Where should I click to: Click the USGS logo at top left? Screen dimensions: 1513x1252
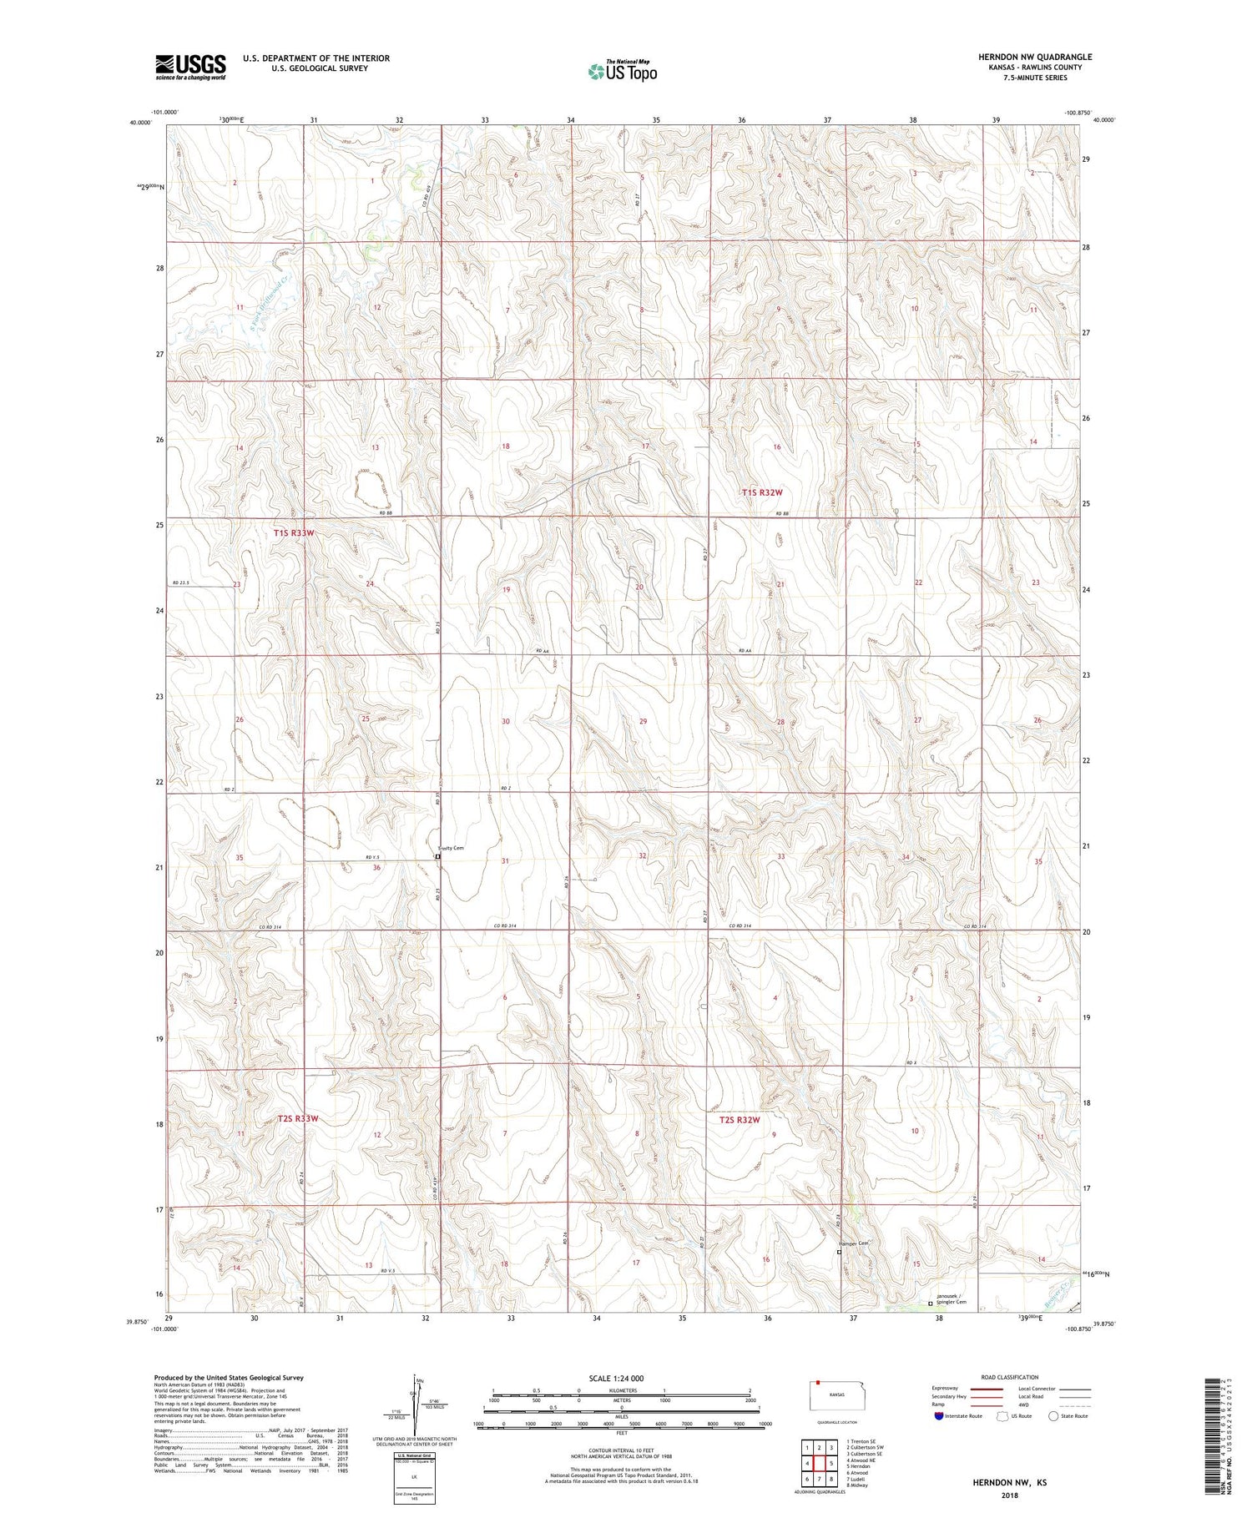point(190,67)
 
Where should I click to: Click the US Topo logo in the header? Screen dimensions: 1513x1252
point(622,72)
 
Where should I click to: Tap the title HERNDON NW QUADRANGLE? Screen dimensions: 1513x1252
point(1035,57)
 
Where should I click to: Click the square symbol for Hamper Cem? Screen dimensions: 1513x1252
point(839,1252)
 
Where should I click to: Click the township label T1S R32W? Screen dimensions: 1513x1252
point(762,492)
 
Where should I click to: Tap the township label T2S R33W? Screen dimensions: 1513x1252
point(298,1118)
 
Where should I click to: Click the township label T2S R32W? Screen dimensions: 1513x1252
point(740,1120)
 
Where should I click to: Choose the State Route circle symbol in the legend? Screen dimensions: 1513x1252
point(1053,1416)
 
